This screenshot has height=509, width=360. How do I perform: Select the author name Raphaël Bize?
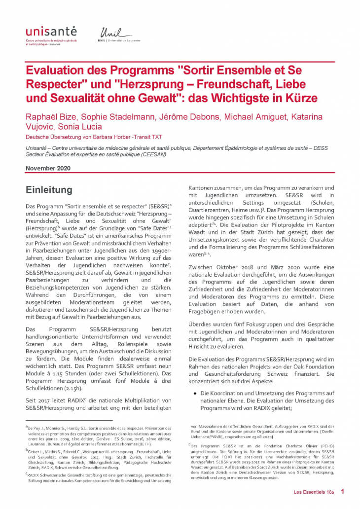click(x=48, y=117)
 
